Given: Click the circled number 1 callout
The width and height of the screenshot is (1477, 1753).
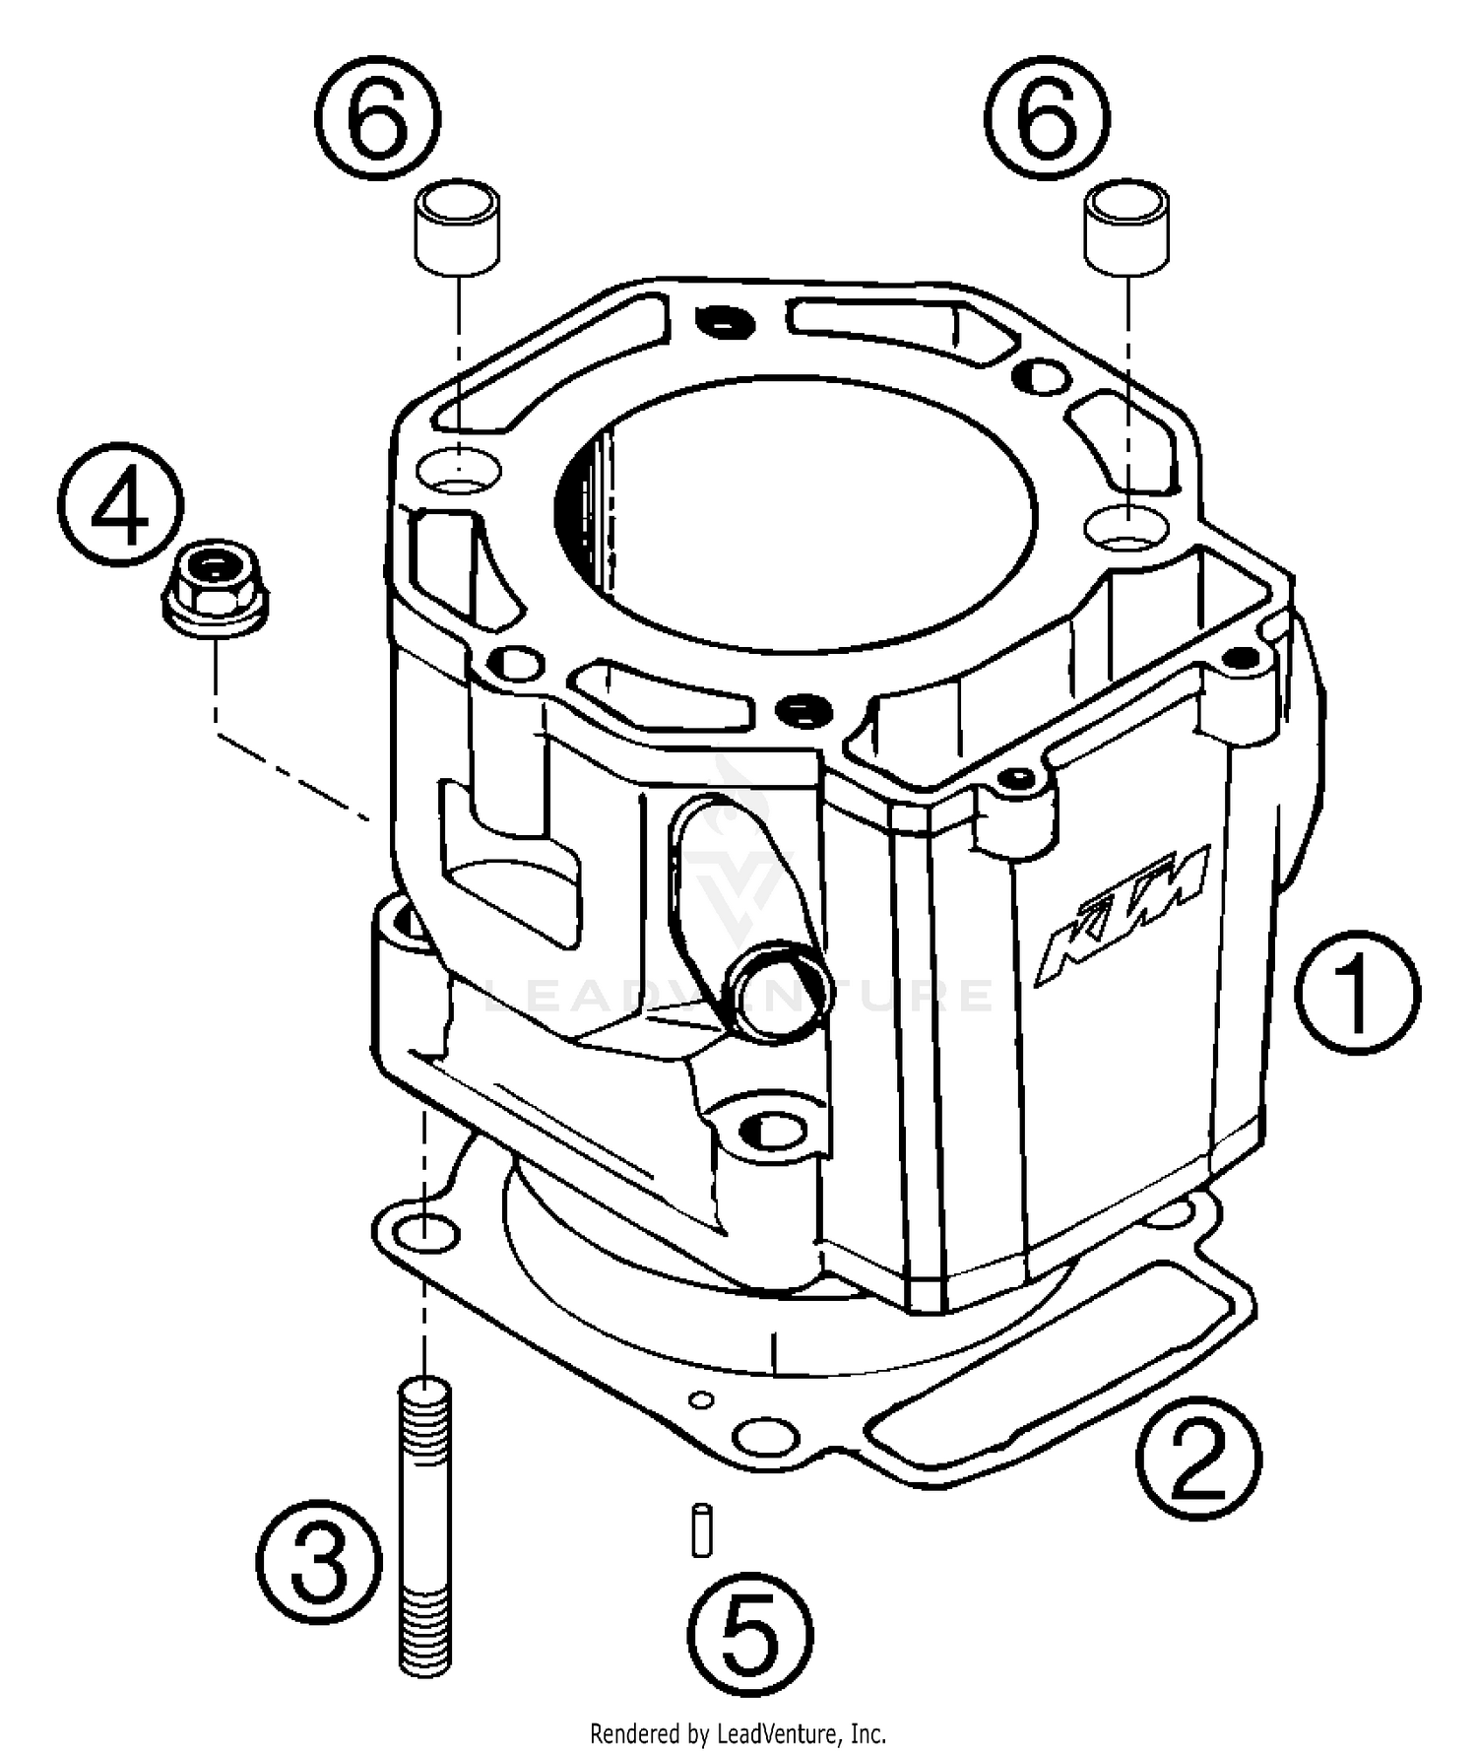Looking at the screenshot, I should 1357,992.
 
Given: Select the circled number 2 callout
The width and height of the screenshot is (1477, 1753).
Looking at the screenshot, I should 1197,1456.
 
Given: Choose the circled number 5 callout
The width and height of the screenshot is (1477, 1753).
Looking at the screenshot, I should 750,1633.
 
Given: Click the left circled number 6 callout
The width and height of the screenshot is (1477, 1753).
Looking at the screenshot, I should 378,117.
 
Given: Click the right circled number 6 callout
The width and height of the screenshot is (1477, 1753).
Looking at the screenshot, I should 1048,117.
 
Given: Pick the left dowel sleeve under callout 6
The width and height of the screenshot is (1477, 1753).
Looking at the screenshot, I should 457,226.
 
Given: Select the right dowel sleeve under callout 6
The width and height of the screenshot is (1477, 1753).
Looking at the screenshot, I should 1127,226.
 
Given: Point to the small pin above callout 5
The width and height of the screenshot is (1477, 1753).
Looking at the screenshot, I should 701,1528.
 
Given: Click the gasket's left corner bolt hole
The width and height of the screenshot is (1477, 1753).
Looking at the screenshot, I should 430,1233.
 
